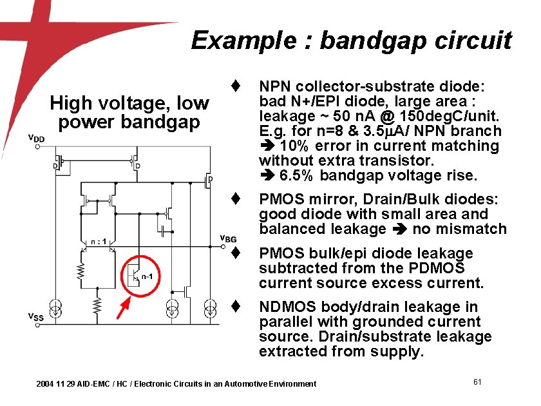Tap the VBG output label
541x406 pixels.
click(228, 238)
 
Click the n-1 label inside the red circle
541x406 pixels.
click(147, 276)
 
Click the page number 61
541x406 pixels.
click(477, 382)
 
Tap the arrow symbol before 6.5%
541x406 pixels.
click(265, 175)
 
